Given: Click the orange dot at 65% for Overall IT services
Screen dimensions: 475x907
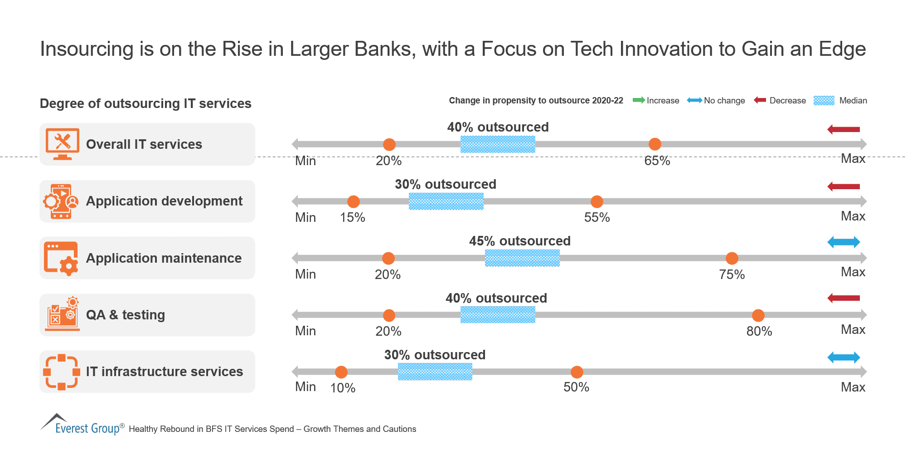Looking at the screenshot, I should (x=655, y=144).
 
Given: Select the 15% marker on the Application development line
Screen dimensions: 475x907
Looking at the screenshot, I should (x=353, y=201).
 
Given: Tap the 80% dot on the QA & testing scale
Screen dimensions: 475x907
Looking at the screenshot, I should (x=758, y=315).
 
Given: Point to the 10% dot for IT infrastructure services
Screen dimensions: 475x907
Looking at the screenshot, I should (x=341, y=372).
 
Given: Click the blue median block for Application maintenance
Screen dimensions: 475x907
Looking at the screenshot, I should (x=522, y=258).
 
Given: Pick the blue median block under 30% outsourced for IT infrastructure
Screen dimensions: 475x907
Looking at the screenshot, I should (x=435, y=372).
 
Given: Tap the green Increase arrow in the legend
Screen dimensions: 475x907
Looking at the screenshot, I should (x=639, y=100).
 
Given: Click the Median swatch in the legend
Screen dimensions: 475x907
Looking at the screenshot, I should (x=824, y=100).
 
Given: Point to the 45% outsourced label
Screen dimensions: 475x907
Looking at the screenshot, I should (x=519, y=241).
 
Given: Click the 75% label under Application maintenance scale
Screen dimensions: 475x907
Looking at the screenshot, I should (x=732, y=274).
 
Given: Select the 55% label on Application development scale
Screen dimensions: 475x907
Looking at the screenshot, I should (x=597, y=218).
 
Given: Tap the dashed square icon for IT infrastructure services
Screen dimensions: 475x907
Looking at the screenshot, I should (x=62, y=372).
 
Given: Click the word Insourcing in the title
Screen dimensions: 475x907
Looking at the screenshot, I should (x=87, y=49).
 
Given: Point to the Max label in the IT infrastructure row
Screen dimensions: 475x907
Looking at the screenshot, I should (x=853, y=387).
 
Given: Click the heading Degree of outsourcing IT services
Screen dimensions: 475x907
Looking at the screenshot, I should (x=146, y=103).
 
